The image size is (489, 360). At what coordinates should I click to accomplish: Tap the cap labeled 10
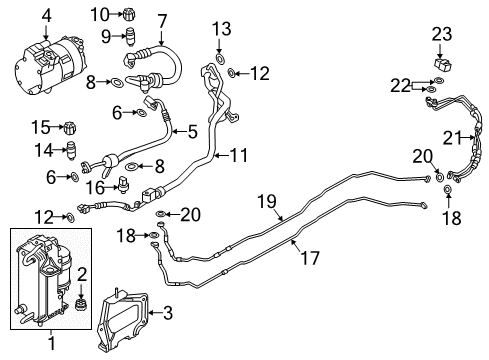tap(128, 14)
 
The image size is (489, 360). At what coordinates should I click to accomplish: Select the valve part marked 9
tap(128, 39)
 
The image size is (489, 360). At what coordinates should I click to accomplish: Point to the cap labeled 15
tap(70, 127)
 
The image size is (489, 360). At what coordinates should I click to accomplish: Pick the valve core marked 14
tap(70, 151)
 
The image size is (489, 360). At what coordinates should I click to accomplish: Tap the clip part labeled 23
tap(442, 62)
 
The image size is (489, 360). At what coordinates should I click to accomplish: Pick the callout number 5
tap(192, 130)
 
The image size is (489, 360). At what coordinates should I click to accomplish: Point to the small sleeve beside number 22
tap(419, 88)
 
